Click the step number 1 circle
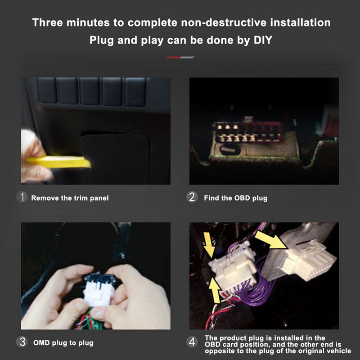click(22, 197)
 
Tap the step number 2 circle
click(192, 197)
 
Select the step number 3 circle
click(22, 342)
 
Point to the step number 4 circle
click(192, 342)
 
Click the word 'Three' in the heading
click(48, 22)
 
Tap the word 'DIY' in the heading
click(263, 40)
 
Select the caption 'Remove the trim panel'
click(70, 198)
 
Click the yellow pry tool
click(58, 162)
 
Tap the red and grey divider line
click(180, 58)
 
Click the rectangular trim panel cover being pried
click(115, 158)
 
